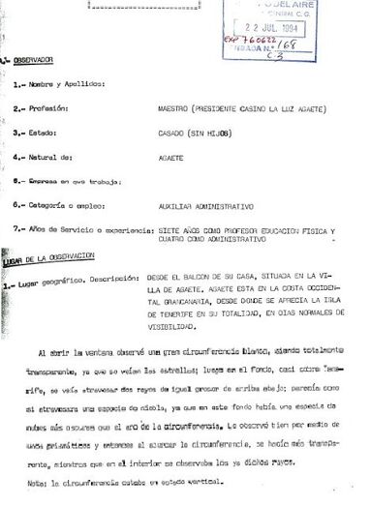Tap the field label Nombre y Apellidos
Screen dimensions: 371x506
[67, 86]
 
